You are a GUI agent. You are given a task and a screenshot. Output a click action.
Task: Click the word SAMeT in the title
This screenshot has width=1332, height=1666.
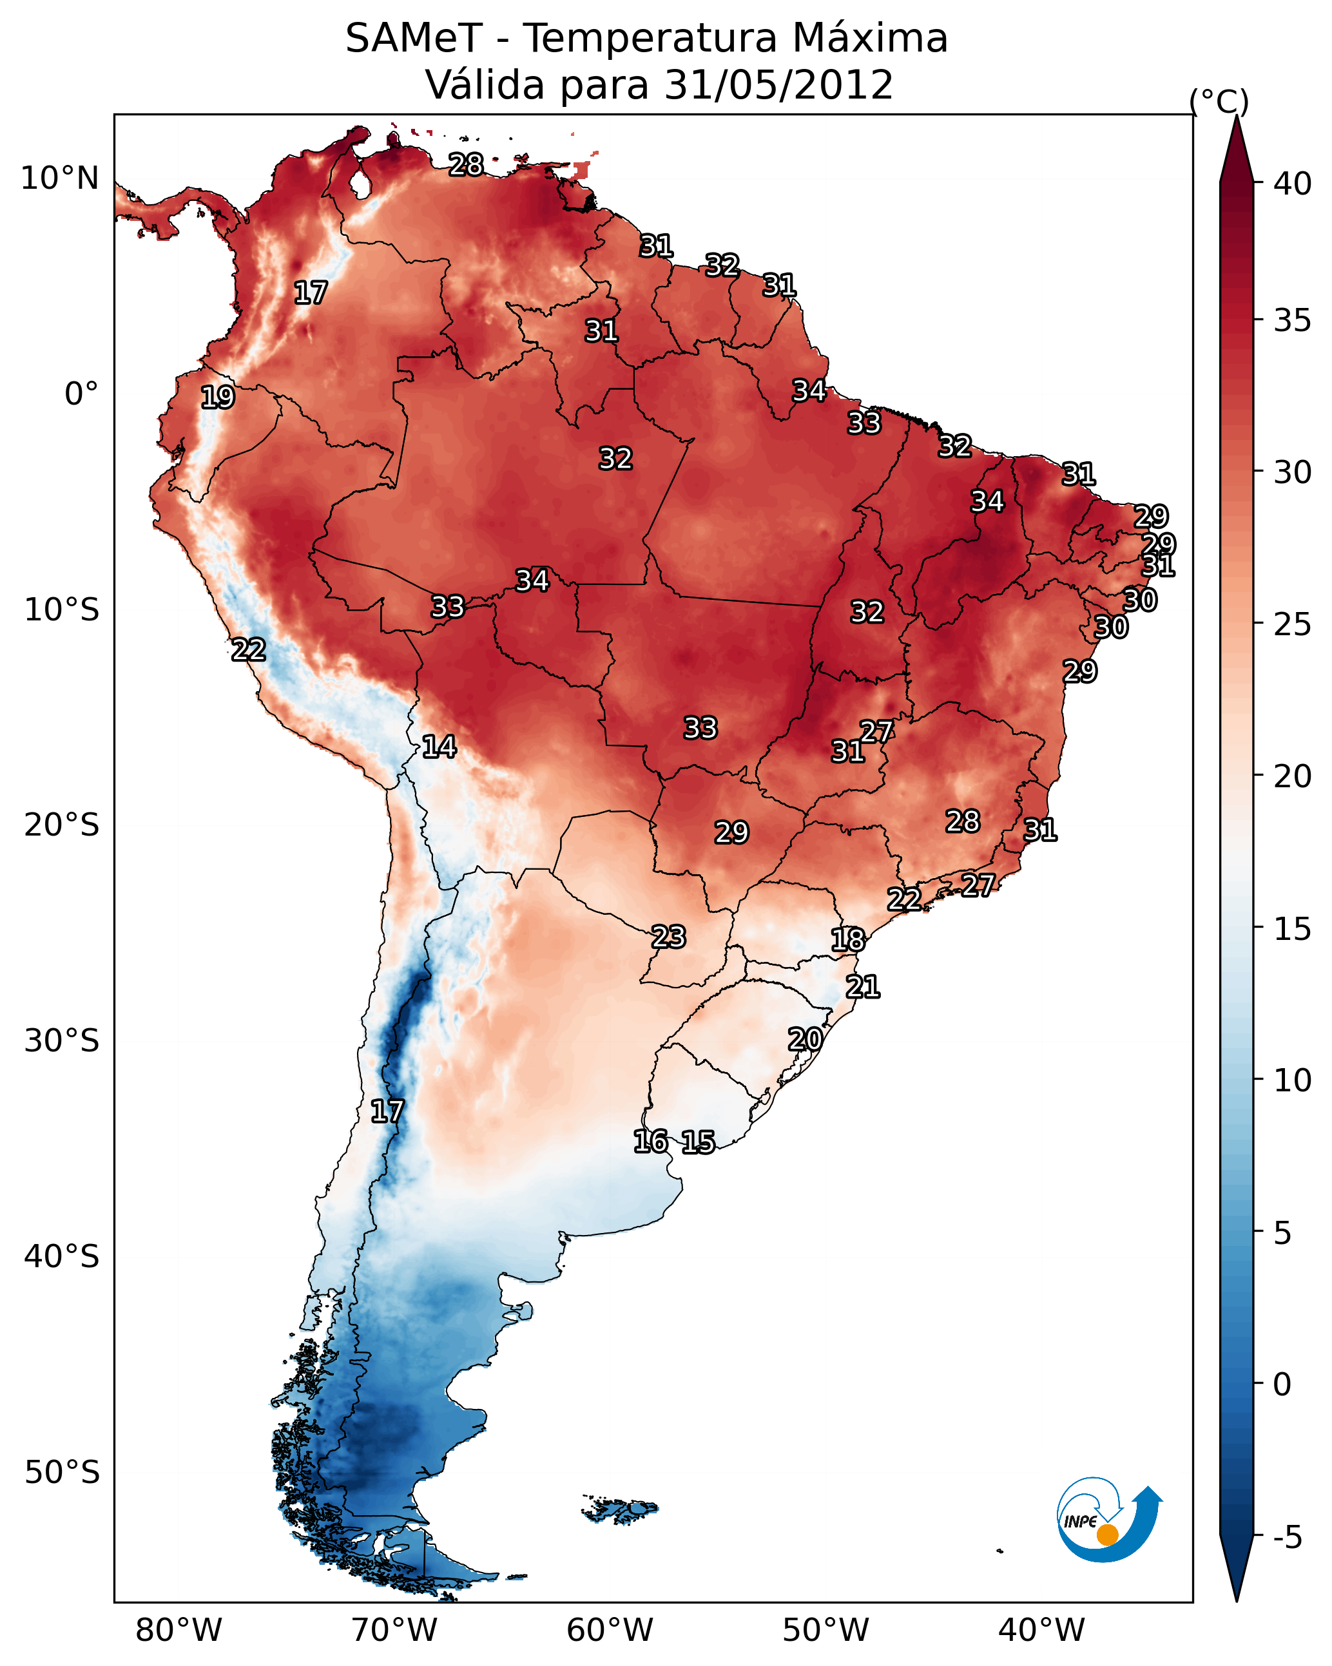click(x=414, y=39)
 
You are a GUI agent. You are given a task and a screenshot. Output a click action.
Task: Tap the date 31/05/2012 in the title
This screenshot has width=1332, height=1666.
click(x=778, y=85)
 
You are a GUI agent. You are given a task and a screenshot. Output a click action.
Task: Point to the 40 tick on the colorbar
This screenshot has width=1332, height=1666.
click(x=1293, y=184)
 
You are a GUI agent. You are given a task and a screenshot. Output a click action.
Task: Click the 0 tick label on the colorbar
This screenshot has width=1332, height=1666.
click(x=1282, y=1384)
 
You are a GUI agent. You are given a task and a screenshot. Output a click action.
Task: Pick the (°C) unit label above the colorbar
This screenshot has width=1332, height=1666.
click(x=1219, y=101)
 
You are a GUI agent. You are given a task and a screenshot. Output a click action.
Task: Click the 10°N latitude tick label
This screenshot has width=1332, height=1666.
click(x=59, y=178)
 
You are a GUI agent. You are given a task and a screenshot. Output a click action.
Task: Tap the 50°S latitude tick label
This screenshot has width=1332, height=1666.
click(x=62, y=1473)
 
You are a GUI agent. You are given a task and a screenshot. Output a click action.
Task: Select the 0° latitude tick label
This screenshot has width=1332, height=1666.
click(x=81, y=394)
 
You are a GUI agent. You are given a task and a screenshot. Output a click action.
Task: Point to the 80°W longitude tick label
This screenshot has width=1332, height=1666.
click(x=179, y=1631)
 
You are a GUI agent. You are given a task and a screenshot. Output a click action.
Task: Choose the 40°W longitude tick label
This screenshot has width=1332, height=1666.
click(x=1041, y=1631)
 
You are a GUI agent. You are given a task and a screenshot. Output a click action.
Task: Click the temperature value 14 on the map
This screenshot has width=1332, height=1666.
click(x=439, y=747)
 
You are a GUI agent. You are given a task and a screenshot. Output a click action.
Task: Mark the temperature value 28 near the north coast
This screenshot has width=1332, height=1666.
click(x=466, y=164)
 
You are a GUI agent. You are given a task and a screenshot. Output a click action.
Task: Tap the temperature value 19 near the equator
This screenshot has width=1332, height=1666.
click(x=217, y=397)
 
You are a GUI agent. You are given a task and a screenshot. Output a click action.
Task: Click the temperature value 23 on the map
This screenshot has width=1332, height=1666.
click(x=668, y=937)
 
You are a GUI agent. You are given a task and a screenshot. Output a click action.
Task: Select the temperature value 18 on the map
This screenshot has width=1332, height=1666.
click(x=848, y=940)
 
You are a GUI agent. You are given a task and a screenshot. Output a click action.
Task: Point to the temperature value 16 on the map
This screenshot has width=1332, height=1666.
click(x=650, y=1142)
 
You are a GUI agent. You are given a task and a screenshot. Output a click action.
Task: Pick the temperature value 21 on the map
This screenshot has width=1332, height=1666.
click(x=863, y=987)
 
